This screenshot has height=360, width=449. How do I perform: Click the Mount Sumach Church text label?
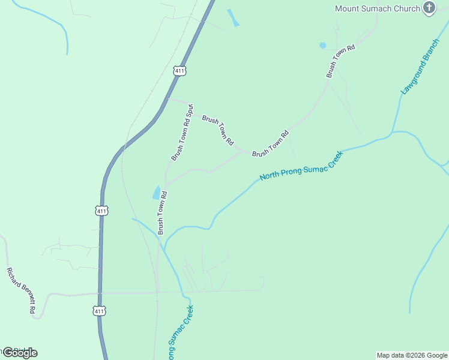click(x=377, y=8)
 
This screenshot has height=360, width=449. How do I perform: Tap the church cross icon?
click(x=429, y=8)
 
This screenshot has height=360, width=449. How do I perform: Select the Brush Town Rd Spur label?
click(x=181, y=134)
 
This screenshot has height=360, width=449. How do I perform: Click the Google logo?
click(x=20, y=352)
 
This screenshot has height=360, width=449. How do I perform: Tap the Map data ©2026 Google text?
click(x=411, y=355)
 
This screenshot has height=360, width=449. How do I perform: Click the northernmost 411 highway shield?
click(x=180, y=71)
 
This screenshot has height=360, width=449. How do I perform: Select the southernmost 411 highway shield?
click(x=100, y=310)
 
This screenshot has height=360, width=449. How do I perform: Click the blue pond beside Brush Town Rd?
click(x=157, y=193)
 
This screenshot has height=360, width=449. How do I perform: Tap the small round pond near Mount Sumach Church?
click(x=322, y=46)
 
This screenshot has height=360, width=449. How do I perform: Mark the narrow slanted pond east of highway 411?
click(x=233, y=18)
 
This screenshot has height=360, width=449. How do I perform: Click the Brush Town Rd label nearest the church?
click(x=340, y=61)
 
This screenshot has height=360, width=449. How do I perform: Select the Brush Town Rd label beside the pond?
click(x=161, y=212)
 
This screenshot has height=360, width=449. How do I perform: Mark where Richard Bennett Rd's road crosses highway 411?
click(x=100, y=293)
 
